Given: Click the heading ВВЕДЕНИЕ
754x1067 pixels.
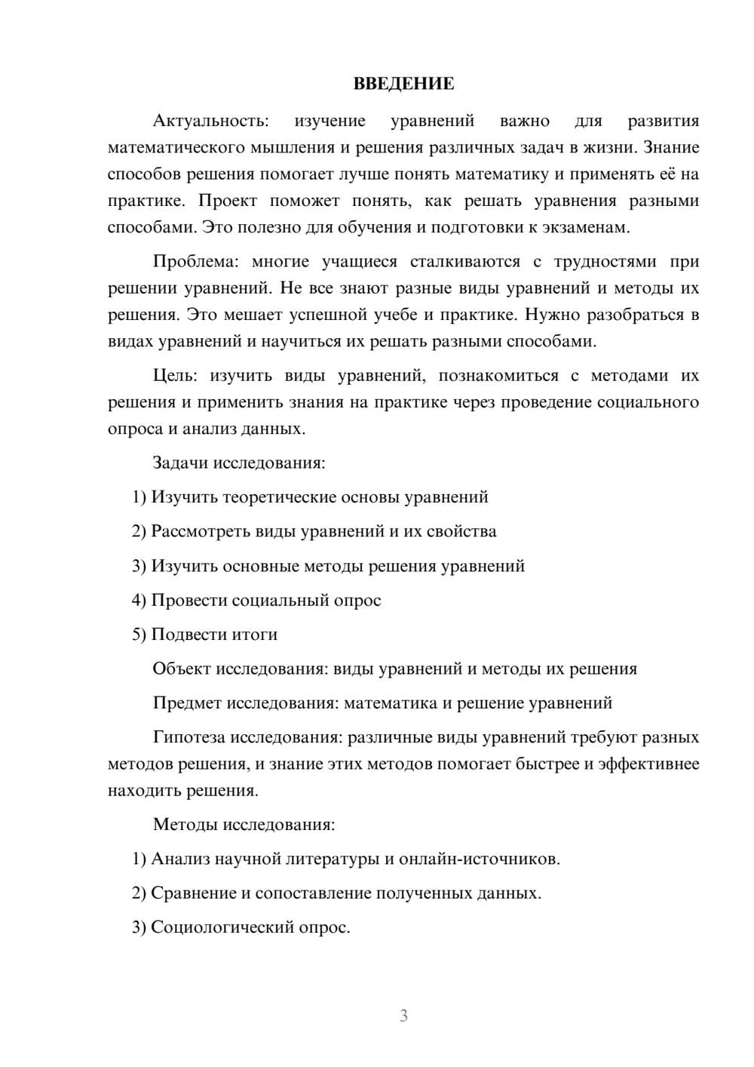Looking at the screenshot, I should [403, 84].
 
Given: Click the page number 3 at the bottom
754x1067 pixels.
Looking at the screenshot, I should [403, 1016].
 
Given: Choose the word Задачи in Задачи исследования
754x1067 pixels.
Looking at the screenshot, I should [180, 463].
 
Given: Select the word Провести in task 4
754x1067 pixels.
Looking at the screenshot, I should [188, 601].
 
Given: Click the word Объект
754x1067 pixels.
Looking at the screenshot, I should [182, 669].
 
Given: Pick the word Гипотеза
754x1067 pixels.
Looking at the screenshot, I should [188, 737].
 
